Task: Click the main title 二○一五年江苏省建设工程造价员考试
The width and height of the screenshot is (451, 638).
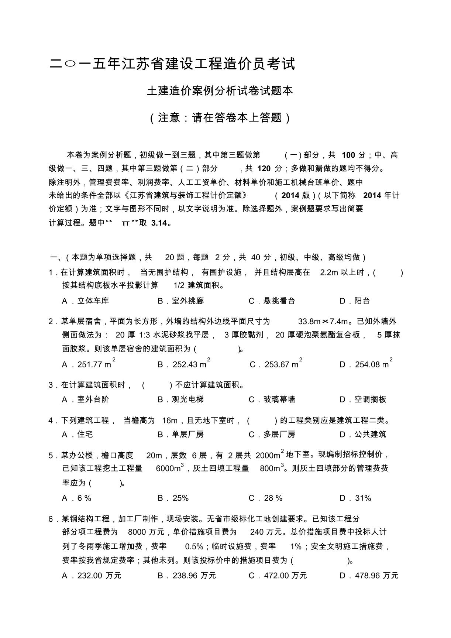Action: click(x=172, y=64)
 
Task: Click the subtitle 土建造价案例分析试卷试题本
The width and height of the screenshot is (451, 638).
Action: click(x=220, y=91)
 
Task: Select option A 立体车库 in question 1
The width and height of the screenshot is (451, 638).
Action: click(x=86, y=301)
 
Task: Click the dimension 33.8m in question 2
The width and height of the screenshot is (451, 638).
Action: click(x=309, y=321)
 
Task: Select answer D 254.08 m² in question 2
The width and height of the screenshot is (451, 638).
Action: click(x=366, y=364)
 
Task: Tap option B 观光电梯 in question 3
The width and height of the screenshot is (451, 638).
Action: click(x=181, y=399)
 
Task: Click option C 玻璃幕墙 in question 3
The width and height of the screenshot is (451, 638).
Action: click(x=272, y=399)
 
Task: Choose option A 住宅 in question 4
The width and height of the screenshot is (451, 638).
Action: click(x=78, y=434)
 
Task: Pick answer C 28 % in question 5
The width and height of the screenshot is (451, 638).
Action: click(x=266, y=498)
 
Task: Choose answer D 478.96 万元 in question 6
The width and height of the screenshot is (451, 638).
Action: click(x=369, y=576)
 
